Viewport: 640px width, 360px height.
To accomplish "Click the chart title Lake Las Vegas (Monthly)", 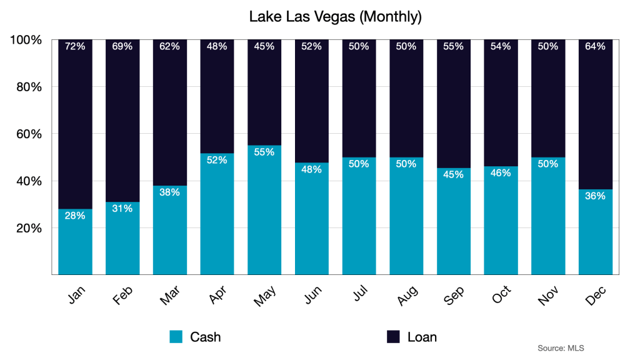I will pyautogui.click(x=336, y=16).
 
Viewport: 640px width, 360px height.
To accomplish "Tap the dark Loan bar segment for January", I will pyautogui.click(x=75, y=125).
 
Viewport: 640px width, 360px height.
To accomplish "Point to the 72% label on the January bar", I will pyautogui.click(x=75, y=46).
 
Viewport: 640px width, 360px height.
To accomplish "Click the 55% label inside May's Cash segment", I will pyautogui.click(x=264, y=152).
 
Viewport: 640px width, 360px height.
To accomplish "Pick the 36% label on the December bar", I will pyautogui.click(x=596, y=196).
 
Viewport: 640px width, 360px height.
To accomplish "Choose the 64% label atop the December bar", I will pyautogui.click(x=596, y=46).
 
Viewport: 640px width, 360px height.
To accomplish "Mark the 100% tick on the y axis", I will pyautogui.click(x=26, y=40).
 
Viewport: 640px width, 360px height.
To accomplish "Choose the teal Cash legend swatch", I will pyautogui.click(x=176, y=337).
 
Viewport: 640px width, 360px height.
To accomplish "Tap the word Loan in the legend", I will pyautogui.click(x=422, y=337).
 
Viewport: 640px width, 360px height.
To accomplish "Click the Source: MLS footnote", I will pyautogui.click(x=561, y=347).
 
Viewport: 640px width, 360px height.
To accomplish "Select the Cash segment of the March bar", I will pyautogui.click(x=169, y=231).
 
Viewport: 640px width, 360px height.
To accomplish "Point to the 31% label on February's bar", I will pyautogui.click(x=122, y=208).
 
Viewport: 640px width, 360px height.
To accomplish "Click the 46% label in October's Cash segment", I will pyautogui.click(x=501, y=172).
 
